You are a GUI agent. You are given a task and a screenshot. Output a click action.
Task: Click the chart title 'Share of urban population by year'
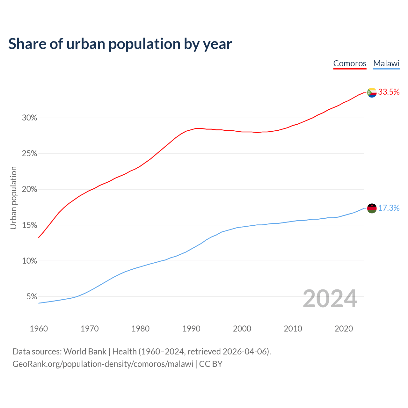point(120,44)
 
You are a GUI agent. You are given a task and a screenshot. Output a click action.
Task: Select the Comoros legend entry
point(350,63)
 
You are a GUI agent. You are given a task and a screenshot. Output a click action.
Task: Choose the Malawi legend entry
point(386,63)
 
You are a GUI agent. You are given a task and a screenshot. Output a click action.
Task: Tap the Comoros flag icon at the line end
point(372,92)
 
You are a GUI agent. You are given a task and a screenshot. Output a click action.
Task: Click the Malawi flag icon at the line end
point(372,208)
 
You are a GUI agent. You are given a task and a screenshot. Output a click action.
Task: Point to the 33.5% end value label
point(389,92)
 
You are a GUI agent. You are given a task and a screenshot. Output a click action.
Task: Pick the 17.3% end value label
point(389,208)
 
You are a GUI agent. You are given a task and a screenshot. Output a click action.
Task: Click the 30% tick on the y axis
point(29,118)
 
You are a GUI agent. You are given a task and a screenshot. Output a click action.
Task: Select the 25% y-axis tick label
point(29,154)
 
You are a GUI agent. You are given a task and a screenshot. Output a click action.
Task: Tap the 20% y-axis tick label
point(29,189)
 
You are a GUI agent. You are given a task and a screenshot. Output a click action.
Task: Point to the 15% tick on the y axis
point(29,225)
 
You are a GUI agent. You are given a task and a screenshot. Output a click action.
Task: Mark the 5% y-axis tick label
point(32,297)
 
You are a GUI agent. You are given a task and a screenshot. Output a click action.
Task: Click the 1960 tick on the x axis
point(39,329)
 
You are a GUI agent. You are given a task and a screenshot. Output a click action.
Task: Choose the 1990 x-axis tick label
point(191,329)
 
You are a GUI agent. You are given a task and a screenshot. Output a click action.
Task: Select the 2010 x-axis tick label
point(293,329)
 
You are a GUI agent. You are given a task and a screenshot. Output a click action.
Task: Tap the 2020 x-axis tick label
point(344,329)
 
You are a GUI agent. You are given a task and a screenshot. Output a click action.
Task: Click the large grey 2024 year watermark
point(330,299)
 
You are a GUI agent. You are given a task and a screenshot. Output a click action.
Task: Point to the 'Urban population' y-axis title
point(13,198)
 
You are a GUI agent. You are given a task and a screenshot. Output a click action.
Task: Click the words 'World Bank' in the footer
point(85,352)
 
